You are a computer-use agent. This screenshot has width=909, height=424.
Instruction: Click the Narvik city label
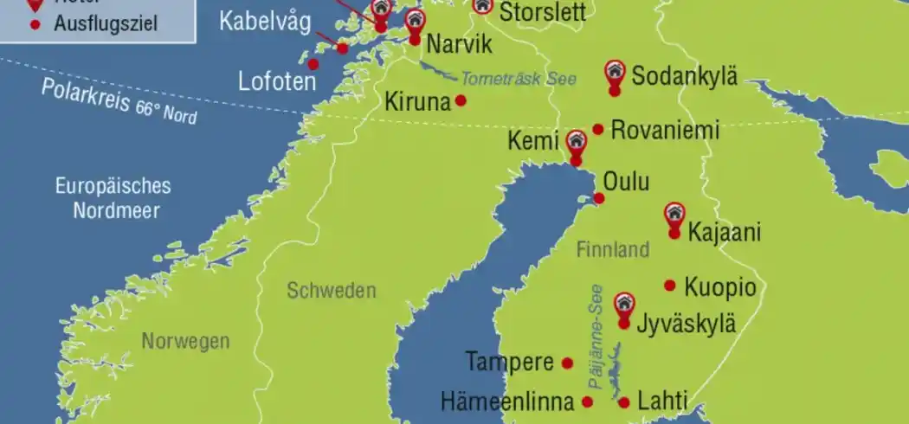(x=460, y=44)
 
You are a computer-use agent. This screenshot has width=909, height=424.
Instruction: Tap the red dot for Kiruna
(x=461, y=100)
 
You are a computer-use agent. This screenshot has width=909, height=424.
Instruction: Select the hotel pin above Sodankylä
(x=615, y=71)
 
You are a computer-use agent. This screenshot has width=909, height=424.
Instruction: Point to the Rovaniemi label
(x=665, y=131)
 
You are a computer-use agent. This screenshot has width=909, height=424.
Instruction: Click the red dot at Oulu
(x=599, y=198)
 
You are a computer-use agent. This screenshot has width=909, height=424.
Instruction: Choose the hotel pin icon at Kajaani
(x=674, y=214)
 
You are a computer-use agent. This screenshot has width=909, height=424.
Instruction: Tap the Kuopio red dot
(x=669, y=286)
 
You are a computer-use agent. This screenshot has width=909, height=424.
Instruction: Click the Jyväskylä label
(x=687, y=324)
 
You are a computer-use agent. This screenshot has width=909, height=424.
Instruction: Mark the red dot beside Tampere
(x=568, y=363)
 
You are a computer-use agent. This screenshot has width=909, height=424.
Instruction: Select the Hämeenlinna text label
(x=507, y=402)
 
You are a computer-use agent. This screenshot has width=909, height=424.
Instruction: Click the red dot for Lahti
(x=624, y=402)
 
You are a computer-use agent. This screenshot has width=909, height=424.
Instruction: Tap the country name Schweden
(x=332, y=291)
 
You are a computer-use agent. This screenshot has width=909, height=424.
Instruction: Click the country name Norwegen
(x=186, y=341)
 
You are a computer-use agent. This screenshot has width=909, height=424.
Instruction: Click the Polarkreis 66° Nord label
(x=119, y=101)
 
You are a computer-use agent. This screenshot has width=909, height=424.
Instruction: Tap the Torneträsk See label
(x=518, y=78)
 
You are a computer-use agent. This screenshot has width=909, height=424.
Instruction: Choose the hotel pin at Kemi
(x=576, y=142)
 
